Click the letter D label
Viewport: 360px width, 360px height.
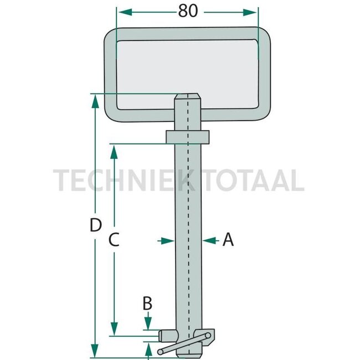pyautogui.click(x=95, y=226)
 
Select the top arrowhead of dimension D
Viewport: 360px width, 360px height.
pyautogui.click(x=95, y=100)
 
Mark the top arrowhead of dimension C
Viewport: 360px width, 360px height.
pyautogui.click(x=115, y=151)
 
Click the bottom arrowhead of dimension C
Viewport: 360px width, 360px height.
pyautogui.click(x=115, y=330)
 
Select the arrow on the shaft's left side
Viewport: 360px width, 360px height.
pyautogui.click(x=169, y=240)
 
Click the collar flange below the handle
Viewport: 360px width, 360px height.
pyautogui.click(x=187, y=136)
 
